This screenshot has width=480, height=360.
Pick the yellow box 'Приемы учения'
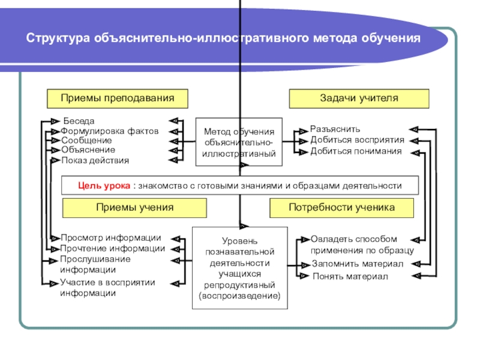[x=135, y=208]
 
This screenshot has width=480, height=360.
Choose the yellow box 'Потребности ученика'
[x=342, y=208]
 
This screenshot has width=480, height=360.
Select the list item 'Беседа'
[x=79, y=121]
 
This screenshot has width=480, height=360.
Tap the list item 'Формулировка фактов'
[x=110, y=131]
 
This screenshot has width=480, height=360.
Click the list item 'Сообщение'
[x=86, y=140]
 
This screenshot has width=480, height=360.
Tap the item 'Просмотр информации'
[x=110, y=238]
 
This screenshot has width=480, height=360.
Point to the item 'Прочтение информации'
[x=112, y=248]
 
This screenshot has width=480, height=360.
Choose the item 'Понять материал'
[x=350, y=277]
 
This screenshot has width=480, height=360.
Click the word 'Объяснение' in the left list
[x=88, y=149]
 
